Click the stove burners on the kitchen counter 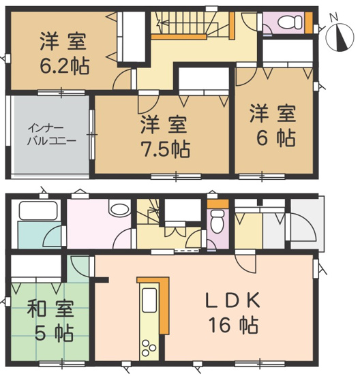(x=147, y=345)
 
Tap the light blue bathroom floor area (x=37, y=236)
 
